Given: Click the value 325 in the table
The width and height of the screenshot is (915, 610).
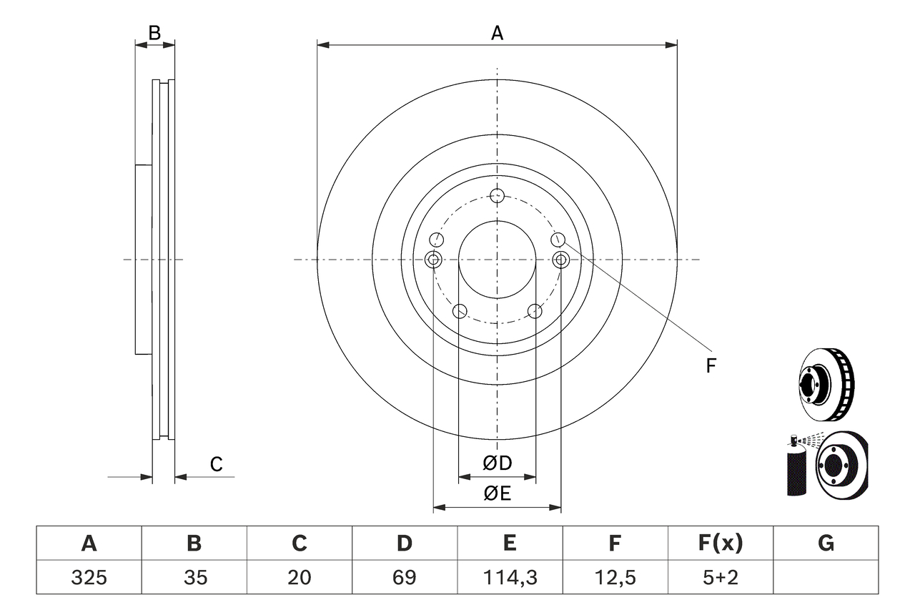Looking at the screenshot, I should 89,577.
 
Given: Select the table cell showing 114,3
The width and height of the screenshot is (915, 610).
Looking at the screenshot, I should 510,577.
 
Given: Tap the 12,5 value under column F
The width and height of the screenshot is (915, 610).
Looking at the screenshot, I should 615,577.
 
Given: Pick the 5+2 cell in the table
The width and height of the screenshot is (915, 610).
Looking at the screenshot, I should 720,577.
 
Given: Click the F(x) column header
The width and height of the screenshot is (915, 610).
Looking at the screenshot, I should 720,544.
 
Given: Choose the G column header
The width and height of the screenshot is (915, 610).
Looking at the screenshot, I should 826,544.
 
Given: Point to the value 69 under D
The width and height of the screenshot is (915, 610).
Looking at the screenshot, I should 405,577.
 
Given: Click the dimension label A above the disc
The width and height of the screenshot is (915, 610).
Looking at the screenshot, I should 497,33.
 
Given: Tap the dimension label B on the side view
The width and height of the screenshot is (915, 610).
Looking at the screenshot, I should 154,32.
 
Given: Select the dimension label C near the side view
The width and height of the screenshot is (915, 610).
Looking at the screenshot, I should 216,464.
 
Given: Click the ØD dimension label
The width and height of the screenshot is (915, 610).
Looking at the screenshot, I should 498,463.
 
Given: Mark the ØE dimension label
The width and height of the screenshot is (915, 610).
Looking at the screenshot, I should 498,493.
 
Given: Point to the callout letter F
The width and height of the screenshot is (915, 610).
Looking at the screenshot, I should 711,366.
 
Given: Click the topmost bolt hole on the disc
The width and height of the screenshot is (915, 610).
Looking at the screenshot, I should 498,196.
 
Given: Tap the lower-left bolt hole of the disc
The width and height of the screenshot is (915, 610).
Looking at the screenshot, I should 460,311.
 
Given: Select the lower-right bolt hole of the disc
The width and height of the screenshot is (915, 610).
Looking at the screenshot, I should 535,311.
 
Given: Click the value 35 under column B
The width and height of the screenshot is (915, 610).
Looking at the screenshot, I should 194,577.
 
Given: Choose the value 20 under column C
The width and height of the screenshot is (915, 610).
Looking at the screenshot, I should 299,577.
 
